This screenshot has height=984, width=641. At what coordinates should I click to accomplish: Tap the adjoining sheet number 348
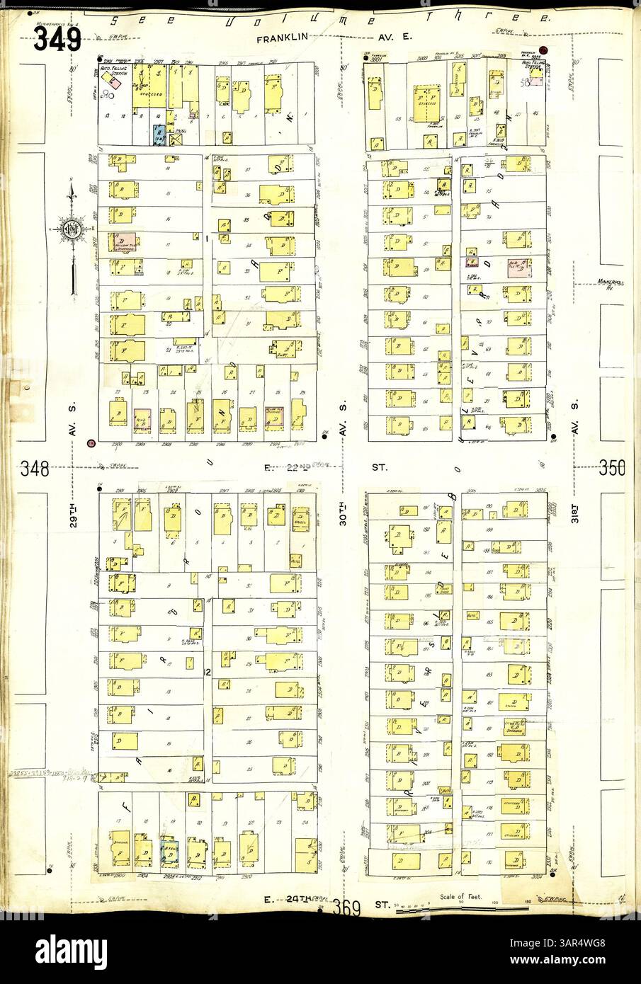pos(35,468)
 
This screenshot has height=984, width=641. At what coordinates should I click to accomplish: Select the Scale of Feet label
pos(463,897)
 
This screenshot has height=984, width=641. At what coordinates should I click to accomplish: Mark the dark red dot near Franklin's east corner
pos(553,50)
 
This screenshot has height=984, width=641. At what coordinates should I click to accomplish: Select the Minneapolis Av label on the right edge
pos(609,284)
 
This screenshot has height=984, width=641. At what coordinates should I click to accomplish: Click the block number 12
pos(207,671)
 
